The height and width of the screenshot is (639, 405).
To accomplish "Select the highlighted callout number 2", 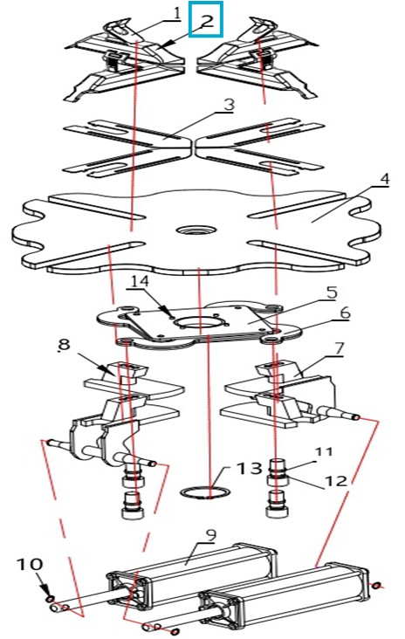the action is pyautogui.click(x=207, y=20).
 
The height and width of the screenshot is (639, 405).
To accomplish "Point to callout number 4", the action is pyautogui.click(x=384, y=180).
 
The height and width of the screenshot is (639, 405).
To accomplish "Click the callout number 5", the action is pyautogui.click(x=332, y=292).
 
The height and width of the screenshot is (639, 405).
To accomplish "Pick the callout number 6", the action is pyautogui.click(x=345, y=313).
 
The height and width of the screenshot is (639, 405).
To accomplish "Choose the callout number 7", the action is pyautogui.click(x=339, y=348).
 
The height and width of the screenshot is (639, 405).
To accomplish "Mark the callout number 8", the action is pyautogui.click(x=64, y=345).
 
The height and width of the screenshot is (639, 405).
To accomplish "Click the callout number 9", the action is pyautogui.click(x=211, y=534).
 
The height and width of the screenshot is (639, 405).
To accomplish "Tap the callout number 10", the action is pyautogui.click(x=30, y=565).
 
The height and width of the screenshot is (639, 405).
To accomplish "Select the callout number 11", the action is pyautogui.click(x=324, y=451).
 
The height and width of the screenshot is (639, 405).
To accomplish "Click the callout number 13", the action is pyautogui.click(x=250, y=468).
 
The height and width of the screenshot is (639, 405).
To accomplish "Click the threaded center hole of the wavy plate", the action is pyautogui.click(x=196, y=230).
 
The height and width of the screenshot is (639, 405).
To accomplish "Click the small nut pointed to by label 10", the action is pyautogui.click(x=50, y=598).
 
